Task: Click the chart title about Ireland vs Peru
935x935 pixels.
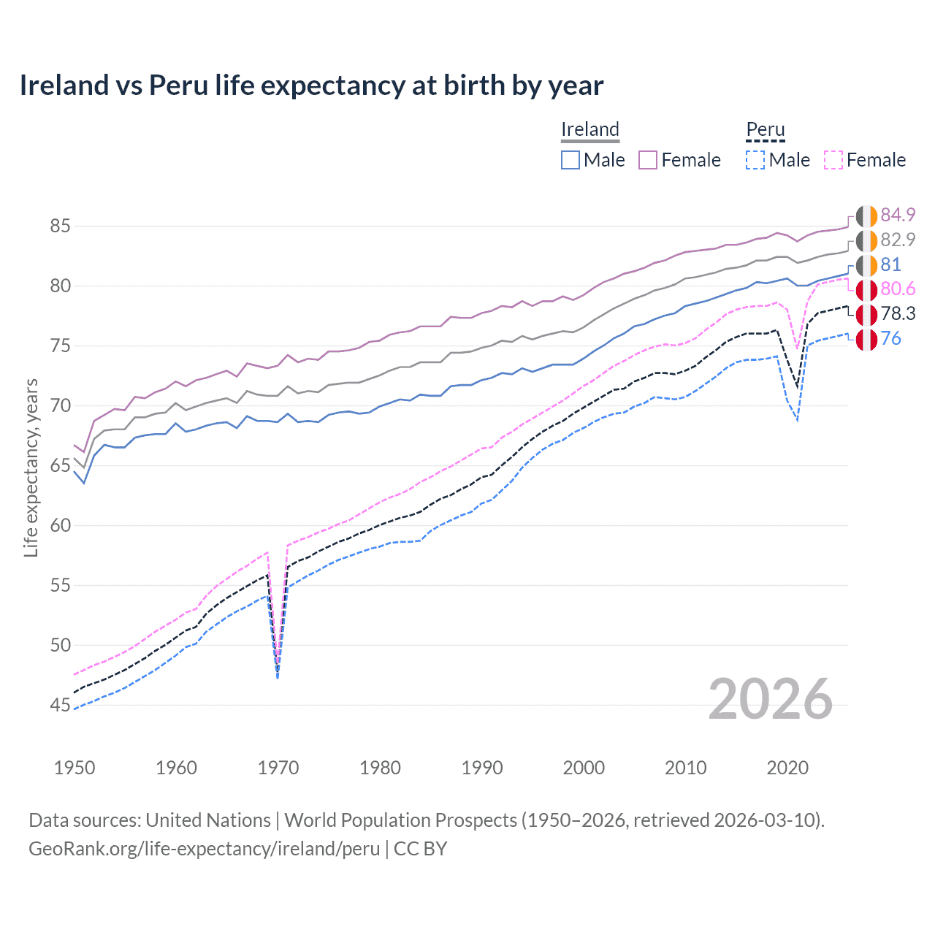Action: click(311, 85)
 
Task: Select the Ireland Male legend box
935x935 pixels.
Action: click(570, 160)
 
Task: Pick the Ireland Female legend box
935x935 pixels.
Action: click(648, 160)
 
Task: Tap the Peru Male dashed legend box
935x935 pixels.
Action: click(755, 160)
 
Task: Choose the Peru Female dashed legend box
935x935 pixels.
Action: click(833, 160)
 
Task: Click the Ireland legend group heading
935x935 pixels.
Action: click(590, 129)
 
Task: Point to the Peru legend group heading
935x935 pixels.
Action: click(765, 129)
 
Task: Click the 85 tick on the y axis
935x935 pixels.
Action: click(60, 226)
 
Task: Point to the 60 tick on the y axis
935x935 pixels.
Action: click(60, 525)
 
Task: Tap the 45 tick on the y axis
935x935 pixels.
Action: click(60, 705)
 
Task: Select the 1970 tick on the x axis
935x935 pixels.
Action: click(278, 768)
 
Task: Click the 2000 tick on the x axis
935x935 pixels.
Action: click(584, 768)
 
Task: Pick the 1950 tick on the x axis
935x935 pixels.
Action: click(75, 768)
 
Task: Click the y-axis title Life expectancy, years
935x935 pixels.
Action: click(31, 467)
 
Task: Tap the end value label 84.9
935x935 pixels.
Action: click(898, 215)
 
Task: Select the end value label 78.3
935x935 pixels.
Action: click(898, 314)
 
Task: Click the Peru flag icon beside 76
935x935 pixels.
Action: click(866, 339)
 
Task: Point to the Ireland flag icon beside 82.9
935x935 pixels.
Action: click(866, 240)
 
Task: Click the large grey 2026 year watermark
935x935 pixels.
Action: click(770, 699)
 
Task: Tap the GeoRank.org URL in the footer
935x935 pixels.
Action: click(204, 849)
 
